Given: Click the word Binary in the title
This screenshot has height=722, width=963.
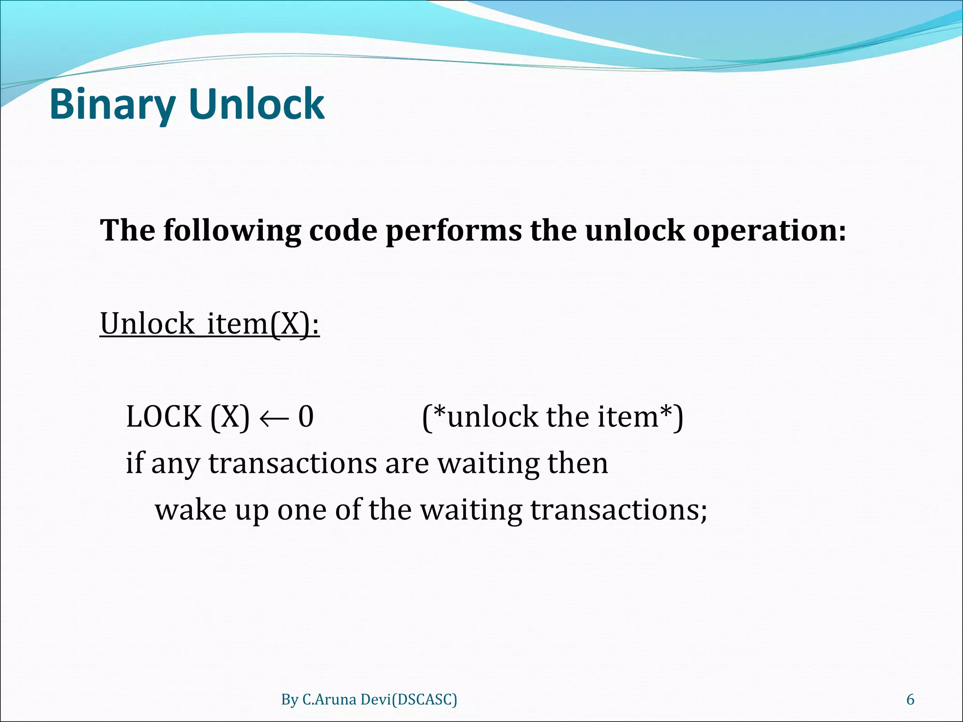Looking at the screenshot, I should click(x=112, y=104).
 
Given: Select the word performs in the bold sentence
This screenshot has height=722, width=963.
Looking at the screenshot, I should click(x=454, y=231).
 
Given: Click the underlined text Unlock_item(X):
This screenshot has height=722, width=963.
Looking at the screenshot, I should click(x=210, y=324).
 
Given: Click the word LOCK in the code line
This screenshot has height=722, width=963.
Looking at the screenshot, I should click(x=164, y=417).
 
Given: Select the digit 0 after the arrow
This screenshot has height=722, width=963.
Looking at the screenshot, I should click(x=306, y=417).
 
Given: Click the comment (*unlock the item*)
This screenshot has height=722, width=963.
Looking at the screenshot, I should click(x=553, y=417).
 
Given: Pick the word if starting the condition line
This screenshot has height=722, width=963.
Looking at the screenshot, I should click(x=134, y=463).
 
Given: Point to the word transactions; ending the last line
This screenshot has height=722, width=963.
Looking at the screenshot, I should click(x=619, y=510).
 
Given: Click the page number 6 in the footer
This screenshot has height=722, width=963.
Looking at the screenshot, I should click(x=910, y=699).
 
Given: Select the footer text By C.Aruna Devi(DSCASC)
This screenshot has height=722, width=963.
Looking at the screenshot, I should click(x=369, y=699).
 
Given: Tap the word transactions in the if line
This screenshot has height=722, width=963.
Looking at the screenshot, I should click(x=292, y=463).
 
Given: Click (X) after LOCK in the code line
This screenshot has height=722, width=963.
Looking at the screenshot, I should click(x=230, y=417).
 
